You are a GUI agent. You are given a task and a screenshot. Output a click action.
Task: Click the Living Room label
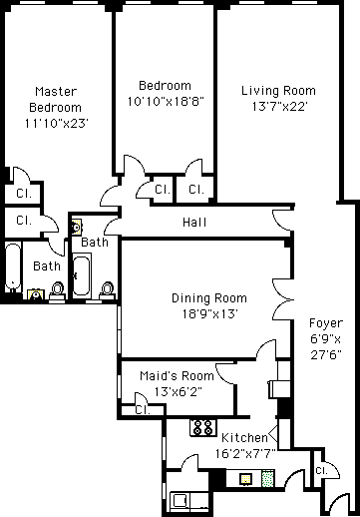[x=278, y=91]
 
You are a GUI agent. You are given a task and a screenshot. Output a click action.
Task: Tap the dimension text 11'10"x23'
[x=56, y=124]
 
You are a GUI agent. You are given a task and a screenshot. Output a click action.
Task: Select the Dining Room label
[x=209, y=298]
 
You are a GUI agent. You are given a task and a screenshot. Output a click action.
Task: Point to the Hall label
[x=194, y=222]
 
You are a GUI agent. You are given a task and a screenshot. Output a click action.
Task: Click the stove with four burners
[x=202, y=427]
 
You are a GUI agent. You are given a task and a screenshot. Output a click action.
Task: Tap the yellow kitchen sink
[x=245, y=479]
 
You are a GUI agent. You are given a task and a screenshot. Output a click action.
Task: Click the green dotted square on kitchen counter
[x=268, y=478]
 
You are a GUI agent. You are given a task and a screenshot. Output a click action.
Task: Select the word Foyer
[x=326, y=323]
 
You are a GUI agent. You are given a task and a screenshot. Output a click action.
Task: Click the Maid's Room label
[x=177, y=376]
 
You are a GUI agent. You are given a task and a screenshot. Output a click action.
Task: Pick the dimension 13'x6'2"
[x=178, y=391]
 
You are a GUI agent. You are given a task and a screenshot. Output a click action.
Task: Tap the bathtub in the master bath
[x=13, y=268]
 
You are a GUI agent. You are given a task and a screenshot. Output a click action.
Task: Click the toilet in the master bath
[x=57, y=292]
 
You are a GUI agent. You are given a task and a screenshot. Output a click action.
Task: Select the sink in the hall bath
[x=76, y=228]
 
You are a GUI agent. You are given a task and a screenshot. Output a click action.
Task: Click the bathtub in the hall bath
[x=81, y=275]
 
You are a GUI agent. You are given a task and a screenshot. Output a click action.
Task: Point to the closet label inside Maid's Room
[x=143, y=410]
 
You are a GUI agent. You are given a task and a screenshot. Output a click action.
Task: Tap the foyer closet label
[x=321, y=470]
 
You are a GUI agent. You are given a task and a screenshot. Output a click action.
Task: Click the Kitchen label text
[x=244, y=438]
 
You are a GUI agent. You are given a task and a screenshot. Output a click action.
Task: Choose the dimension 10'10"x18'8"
[x=166, y=101]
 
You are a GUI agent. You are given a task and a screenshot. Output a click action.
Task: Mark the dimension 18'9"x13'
[x=209, y=313]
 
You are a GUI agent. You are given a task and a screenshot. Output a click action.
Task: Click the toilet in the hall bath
[x=108, y=291]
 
